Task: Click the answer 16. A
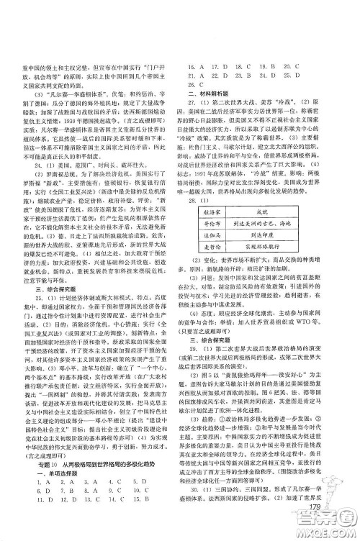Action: click(194, 65)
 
